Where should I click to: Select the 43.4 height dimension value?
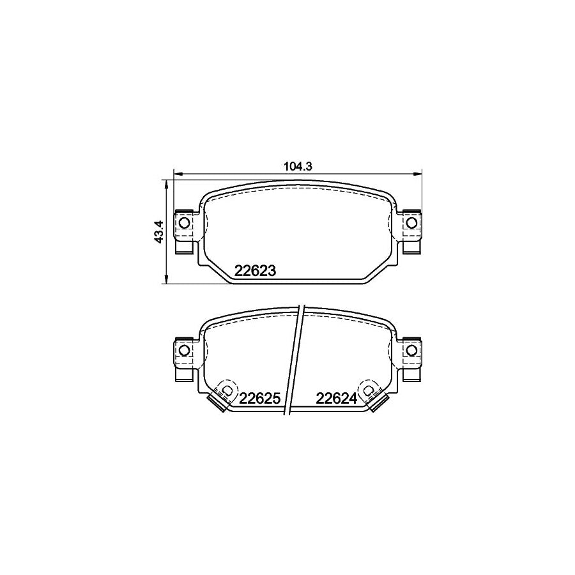pyautogui.click(x=159, y=231)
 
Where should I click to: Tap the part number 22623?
pyautogui.click(x=255, y=271)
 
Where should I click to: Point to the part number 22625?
pyautogui.click(x=260, y=399)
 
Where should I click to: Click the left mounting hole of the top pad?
pyautogui.click(x=183, y=222)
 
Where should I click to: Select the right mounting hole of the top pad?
pyautogui.click(x=411, y=222)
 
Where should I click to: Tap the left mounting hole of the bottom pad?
pyautogui.click(x=183, y=350)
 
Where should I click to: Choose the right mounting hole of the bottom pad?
pyautogui.click(x=411, y=350)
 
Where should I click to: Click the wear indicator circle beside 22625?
pyautogui.click(x=226, y=389)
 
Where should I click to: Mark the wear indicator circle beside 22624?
pyautogui.click(x=369, y=389)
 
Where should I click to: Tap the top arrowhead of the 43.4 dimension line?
pyautogui.click(x=167, y=183)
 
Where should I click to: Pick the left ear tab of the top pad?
pyautogui.click(x=184, y=231)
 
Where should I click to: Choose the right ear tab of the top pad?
pyautogui.click(x=411, y=231)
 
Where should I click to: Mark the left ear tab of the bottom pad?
pyautogui.click(x=184, y=358)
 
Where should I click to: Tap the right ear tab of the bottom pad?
pyautogui.click(x=411, y=358)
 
